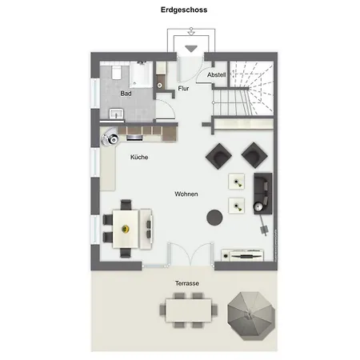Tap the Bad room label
coord(126,94)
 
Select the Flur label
coord(183,88)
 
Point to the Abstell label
coord(216,74)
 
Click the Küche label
coord(139,158)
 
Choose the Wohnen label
coord(186,194)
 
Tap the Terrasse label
coord(187,284)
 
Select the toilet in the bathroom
coord(115,73)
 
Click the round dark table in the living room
coord(214,215)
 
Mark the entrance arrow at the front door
coord(190,48)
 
